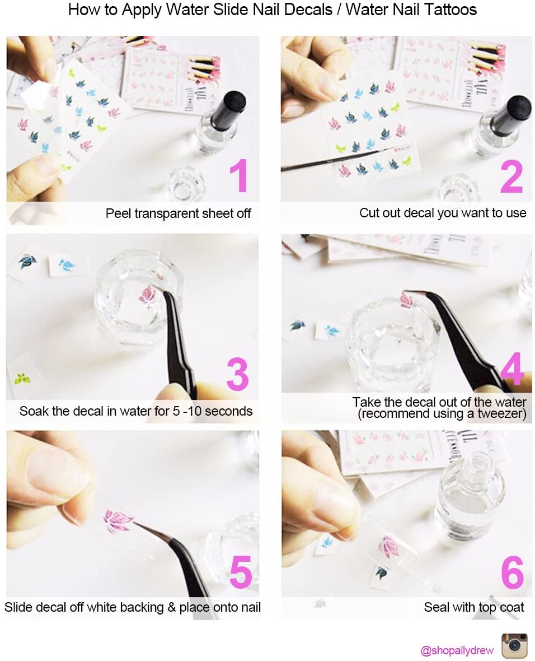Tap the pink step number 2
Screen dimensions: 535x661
click(511, 176)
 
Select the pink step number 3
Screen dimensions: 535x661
click(238, 374)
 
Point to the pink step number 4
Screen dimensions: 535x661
click(512, 369)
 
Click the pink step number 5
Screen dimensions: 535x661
click(241, 571)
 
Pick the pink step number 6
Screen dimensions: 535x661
click(512, 572)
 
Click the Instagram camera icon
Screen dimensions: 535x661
click(514, 645)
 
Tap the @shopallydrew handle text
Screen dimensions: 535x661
click(457, 650)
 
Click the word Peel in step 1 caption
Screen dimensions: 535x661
click(119, 213)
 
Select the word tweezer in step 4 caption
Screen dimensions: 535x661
click(502, 413)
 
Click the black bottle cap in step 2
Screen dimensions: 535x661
click(512, 114)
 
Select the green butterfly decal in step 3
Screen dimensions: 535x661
click(22, 378)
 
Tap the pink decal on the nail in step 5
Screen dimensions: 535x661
click(118, 521)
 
